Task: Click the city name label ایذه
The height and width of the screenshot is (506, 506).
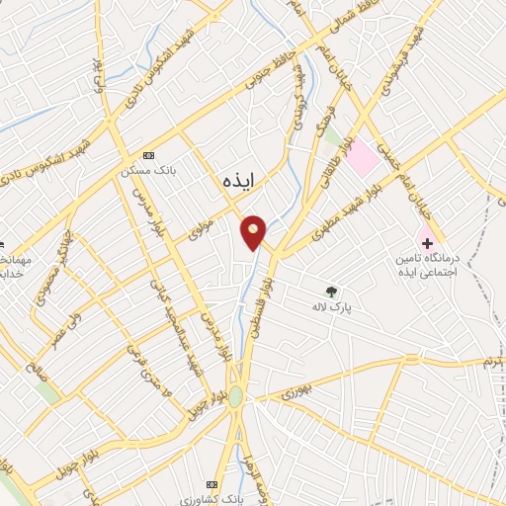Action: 238,179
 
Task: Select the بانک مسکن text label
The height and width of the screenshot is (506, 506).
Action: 142,169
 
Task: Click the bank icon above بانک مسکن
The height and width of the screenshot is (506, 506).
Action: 149,155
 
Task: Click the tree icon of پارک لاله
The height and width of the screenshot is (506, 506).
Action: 332,292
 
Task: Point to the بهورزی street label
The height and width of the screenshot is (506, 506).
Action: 295,392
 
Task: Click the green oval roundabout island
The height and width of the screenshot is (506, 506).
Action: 235,397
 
